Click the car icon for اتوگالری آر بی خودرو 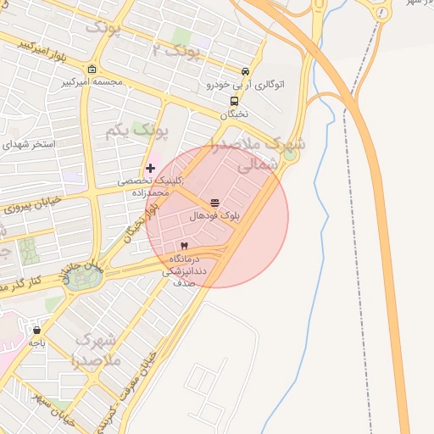point(245,72)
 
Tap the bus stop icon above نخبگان point(234,101)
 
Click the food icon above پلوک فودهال point(214,203)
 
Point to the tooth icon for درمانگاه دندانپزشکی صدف point(184,245)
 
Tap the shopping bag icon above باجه point(36,329)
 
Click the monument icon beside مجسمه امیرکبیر point(92,70)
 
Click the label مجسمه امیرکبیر point(92,83)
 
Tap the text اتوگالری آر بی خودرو point(246,85)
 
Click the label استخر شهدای point(28,144)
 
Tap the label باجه point(36,342)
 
